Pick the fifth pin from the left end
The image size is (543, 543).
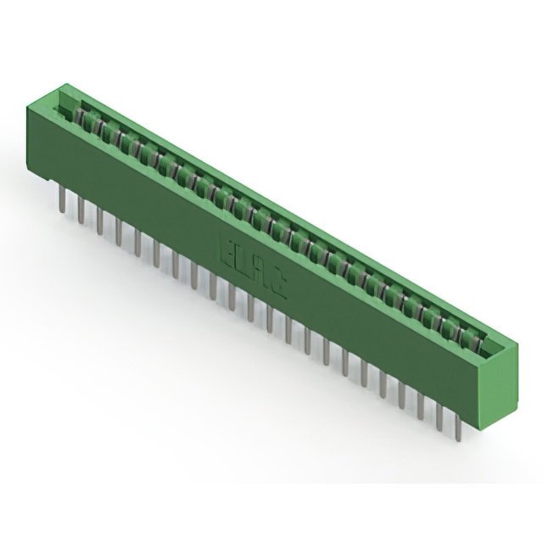point(137,241)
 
